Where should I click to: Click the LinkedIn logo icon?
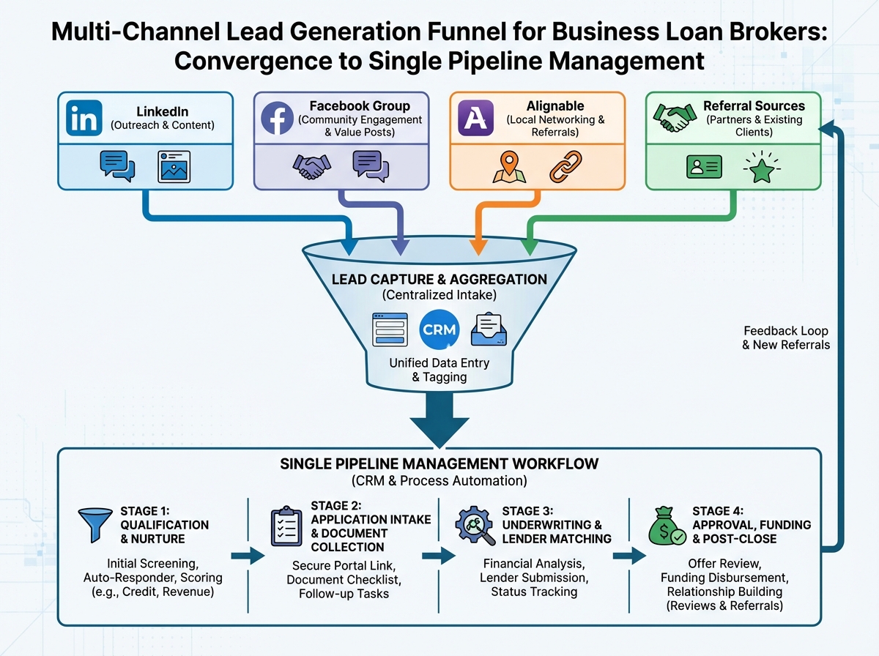coord(84,118)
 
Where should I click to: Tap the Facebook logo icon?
coord(277,118)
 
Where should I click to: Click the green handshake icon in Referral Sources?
coord(674,117)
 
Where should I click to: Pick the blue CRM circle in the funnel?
coord(439,329)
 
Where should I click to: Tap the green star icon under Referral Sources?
coord(760,167)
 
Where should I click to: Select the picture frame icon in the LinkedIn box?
coord(174,166)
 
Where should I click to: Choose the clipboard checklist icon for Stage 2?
coord(286,525)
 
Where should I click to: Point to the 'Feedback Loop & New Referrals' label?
coord(786,337)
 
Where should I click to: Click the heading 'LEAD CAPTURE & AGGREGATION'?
coord(439,279)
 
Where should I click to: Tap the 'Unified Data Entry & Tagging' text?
coord(439,370)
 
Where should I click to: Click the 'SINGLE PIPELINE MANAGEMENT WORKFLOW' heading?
coord(439,464)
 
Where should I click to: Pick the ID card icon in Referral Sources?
coord(704,167)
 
